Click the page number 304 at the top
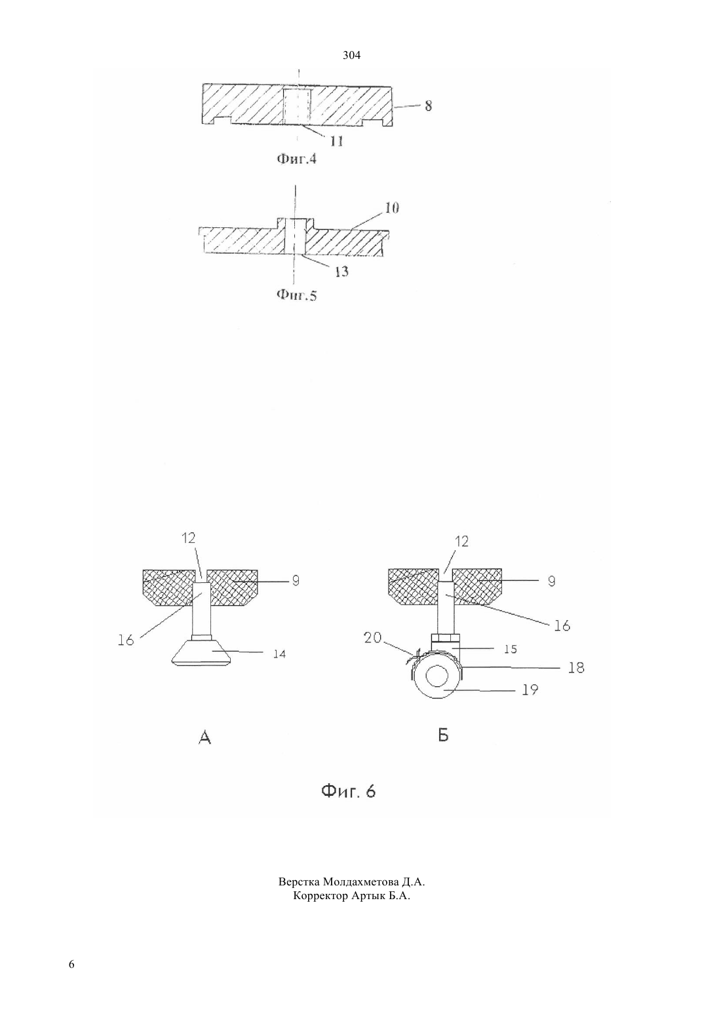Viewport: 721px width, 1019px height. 351,56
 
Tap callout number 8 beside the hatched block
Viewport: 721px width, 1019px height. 428,106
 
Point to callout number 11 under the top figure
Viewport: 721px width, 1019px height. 337,141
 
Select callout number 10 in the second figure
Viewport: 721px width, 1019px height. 392,208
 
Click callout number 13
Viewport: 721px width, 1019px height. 341,272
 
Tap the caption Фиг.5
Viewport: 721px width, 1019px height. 297,295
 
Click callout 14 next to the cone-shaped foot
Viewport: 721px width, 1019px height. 279,654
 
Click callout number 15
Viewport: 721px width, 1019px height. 511,649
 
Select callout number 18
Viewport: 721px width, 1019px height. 576,668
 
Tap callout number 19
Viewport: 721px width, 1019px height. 530,690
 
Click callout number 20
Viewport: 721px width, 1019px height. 372,637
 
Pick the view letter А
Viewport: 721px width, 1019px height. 205,737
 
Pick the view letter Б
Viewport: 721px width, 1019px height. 443,735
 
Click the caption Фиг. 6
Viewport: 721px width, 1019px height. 349,792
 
